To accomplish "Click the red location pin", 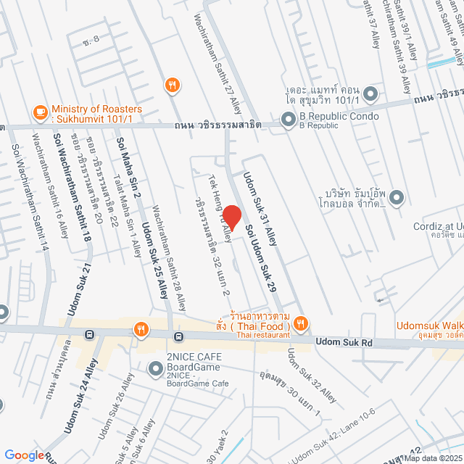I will pyautogui.click(x=231, y=216).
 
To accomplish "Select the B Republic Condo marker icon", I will pyautogui.click(x=288, y=119).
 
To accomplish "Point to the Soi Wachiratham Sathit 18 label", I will pyautogui.click(x=73, y=196).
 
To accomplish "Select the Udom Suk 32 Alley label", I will pyautogui.click(x=311, y=376).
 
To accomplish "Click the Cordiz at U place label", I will pyautogui.click(x=438, y=226).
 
